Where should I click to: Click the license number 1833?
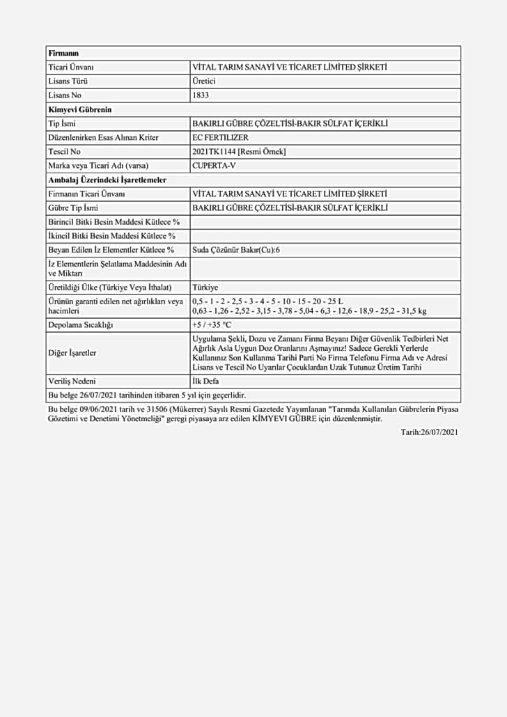[200, 95]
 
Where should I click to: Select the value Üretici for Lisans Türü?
[204, 81]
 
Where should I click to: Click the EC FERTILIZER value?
[220, 138]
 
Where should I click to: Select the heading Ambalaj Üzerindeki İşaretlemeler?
[107, 180]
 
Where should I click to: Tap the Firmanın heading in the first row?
[63, 53]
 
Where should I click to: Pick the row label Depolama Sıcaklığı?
[81, 325]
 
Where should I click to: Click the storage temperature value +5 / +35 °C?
[212, 325]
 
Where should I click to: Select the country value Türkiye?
[205, 287]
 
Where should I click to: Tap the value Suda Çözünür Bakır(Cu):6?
[236, 250]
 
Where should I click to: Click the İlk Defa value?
[206, 381]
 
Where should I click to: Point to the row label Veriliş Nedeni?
[72, 381]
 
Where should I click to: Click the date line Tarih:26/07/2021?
[429, 432]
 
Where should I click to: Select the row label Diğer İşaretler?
[72, 353]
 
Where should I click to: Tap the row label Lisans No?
[65, 95]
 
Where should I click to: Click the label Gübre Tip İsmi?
[73, 207]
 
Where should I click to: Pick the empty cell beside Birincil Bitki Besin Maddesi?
[325, 222]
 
